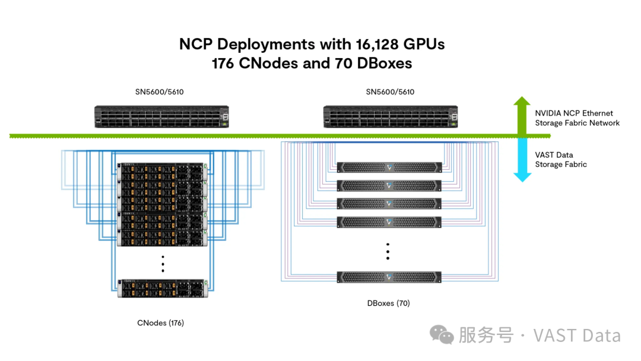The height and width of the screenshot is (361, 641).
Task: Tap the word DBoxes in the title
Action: (x=383, y=63)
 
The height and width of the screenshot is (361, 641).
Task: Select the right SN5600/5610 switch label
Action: (x=390, y=92)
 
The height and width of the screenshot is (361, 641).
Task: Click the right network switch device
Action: (x=390, y=116)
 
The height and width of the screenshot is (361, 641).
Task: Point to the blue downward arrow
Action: (x=522, y=160)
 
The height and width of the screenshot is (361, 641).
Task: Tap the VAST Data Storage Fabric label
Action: (x=561, y=159)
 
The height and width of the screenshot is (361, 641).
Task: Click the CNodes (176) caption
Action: (x=160, y=323)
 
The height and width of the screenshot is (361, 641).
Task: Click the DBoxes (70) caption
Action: (x=388, y=303)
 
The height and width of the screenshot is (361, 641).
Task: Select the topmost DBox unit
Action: (x=389, y=167)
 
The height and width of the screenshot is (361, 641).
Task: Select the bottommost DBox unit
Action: (x=389, y=277)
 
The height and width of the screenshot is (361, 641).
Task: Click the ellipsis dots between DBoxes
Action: (x=388, y=251)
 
